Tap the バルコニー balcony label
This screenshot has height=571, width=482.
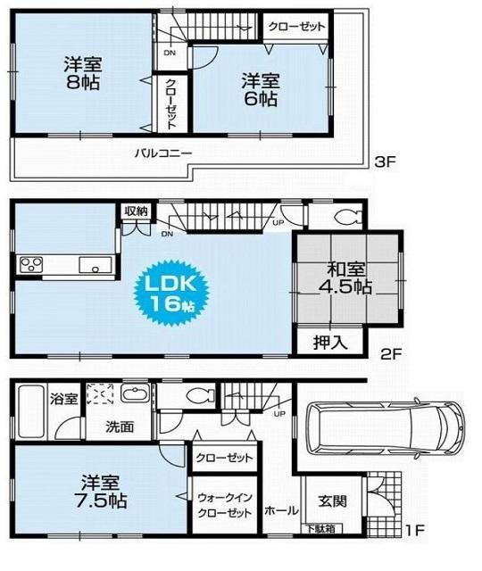[163, 153]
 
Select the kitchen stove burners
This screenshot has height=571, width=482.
[32, 264]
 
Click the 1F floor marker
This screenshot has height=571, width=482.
[412, 532]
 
